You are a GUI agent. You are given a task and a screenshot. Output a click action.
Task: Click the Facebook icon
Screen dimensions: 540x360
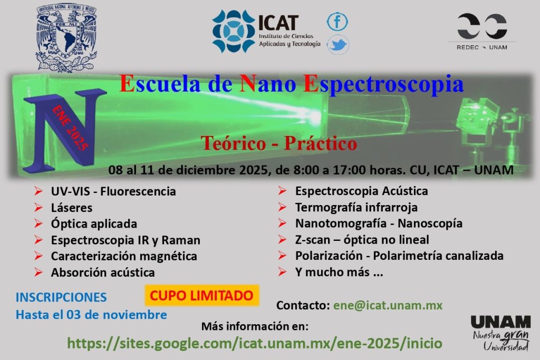coord(337,21)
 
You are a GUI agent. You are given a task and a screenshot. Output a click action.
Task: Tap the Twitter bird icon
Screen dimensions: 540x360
coord(338,45)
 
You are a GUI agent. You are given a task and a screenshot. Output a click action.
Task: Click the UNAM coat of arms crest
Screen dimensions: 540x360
coord(66,37)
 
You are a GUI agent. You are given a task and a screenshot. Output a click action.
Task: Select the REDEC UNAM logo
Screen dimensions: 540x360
coord(482,32)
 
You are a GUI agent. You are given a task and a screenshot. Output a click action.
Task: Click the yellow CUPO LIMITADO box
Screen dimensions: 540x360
coord(202,295)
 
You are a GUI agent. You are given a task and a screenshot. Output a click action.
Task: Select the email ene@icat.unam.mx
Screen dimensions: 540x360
coord(388,305)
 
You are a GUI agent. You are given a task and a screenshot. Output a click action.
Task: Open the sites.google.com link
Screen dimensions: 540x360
coord(255,343)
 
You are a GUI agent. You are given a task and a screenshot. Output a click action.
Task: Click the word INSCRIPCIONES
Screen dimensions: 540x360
coord(61,297)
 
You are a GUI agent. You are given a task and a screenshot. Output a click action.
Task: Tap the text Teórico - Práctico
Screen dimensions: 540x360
coord(278,143)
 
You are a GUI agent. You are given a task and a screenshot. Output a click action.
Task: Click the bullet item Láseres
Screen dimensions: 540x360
coord(72,208)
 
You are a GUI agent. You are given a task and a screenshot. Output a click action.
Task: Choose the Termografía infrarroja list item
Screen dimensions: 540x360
coord(356,207)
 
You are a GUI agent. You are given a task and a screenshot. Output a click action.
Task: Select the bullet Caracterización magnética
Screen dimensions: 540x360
coord(124,256)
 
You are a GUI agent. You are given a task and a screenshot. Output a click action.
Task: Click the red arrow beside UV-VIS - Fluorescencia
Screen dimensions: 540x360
coord(38,191)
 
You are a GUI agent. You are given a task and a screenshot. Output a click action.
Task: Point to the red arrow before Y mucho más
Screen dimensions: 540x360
coord(283,272)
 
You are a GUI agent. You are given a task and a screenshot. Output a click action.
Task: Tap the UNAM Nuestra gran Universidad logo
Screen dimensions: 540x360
coord(501,333)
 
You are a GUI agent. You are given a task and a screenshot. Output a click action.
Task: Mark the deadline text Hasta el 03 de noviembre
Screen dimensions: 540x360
coord(91,315)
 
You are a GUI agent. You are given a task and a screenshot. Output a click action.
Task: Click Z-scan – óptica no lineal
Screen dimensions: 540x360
coord(362,239)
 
